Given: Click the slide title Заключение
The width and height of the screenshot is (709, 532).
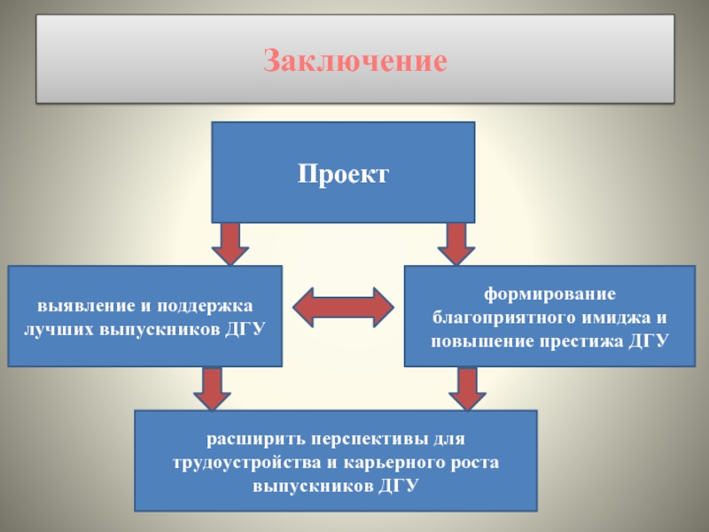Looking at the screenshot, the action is tap(354, 61).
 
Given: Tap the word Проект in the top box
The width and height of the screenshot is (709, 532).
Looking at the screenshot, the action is tap(343, 174).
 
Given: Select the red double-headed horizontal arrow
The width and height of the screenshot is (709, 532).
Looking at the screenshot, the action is tap(343, 306).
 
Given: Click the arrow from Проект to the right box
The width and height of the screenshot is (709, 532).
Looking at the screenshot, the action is tap(456, 243).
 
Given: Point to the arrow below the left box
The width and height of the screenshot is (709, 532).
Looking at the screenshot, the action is tap(213, 388).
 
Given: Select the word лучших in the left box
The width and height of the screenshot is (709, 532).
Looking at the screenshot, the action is tap(60, 329).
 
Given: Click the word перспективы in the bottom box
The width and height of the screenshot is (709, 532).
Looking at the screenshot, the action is tap(375, 439).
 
